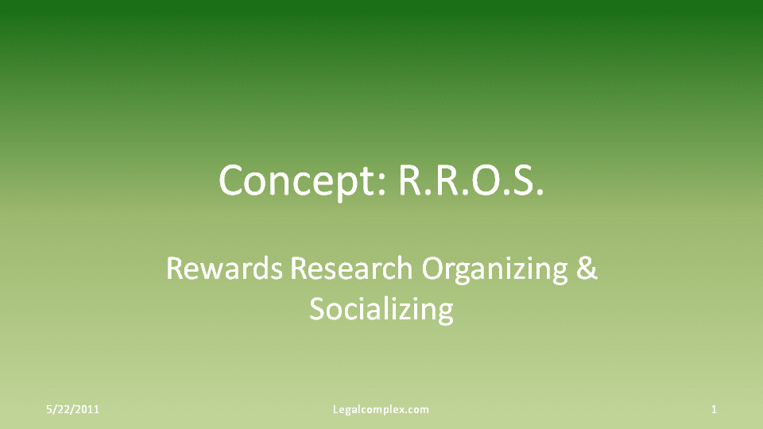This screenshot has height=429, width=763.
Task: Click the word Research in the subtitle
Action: click(351, 269)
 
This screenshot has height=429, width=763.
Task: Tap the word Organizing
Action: click(494, 270)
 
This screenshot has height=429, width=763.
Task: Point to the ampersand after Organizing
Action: click(586, 269)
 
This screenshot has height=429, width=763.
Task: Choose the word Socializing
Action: click(381, 309)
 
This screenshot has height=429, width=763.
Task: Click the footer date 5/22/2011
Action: click(72, 410)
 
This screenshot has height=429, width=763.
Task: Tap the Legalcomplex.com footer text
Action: click(381, 410)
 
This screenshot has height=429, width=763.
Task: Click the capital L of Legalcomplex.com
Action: click(335, 410)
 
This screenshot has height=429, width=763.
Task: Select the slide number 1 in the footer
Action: click(715, 410)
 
